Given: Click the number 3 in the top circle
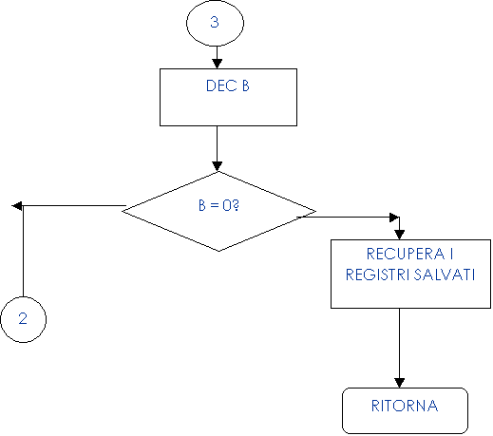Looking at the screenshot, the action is click(215, 22).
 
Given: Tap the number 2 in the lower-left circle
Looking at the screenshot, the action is click(23, 318).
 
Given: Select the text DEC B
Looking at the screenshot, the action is click(228, 85).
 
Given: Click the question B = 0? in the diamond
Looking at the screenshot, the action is click(218, 205).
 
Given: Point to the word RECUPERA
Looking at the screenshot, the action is click(406, 254).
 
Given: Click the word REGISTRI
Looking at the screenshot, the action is click(378, 275).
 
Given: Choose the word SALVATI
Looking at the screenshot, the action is click(445, 275).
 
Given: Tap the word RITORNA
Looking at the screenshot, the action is click(405, 406).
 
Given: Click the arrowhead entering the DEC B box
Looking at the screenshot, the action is click(217, 64).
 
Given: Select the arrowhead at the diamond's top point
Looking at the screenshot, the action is click(217, 166).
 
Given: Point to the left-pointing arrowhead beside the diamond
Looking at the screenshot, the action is click(17, 206).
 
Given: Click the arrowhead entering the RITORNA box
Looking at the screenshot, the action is click(399, 383).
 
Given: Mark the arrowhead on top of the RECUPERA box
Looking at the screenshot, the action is click(399, 235).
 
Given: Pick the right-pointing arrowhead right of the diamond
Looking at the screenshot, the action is click(394, 218).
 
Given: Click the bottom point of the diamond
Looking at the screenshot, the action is click(218, 251).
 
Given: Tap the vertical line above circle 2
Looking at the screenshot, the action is click(23, 252).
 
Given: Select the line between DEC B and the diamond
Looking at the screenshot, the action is click(217, 144).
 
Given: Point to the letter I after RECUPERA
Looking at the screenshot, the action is click(451, 254).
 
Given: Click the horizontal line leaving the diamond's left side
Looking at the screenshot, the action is click(74, 206).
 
